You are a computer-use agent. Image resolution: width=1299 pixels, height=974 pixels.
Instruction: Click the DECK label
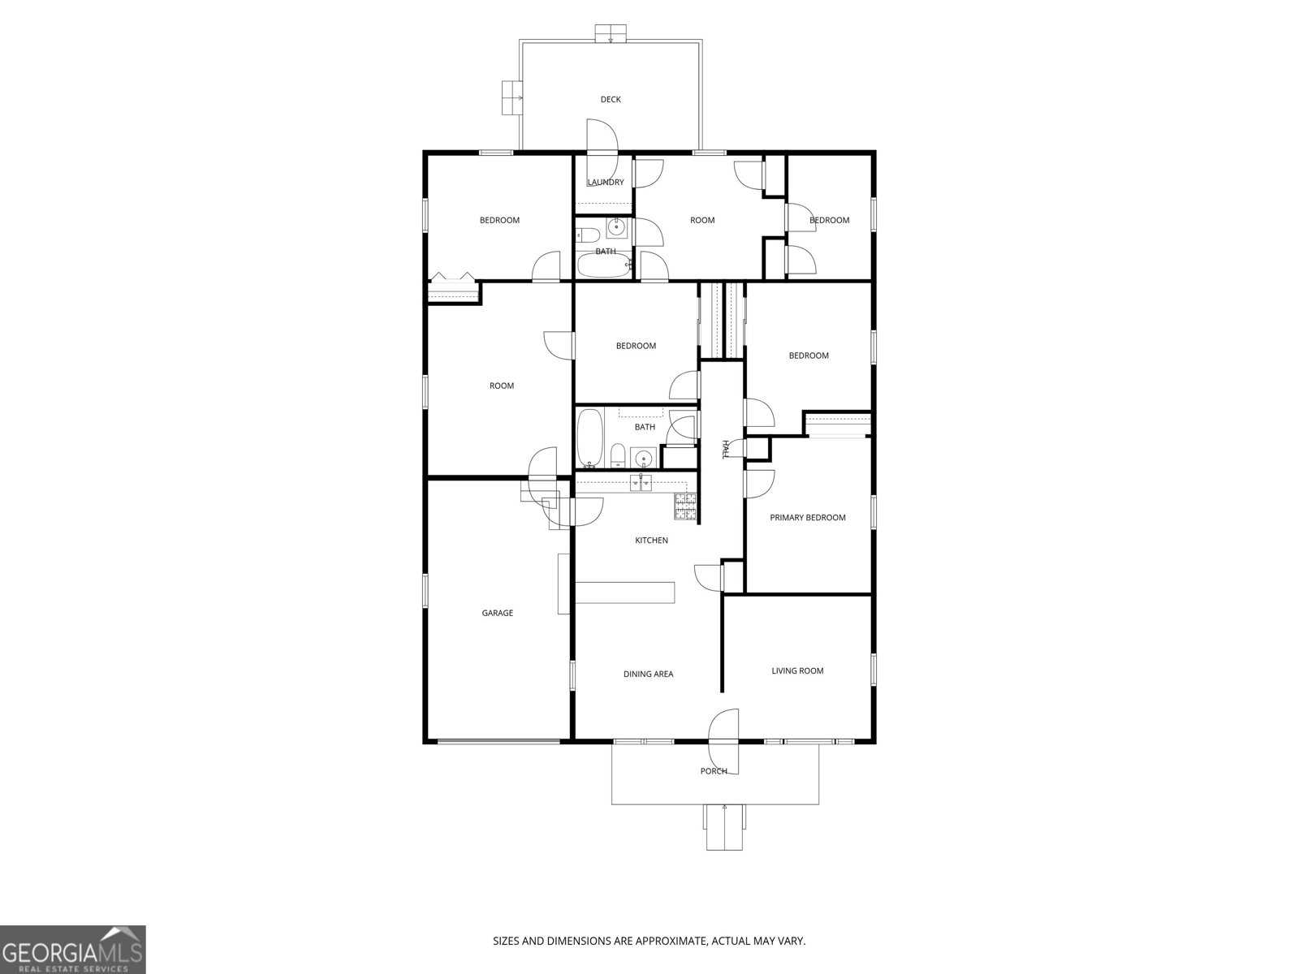click(611, 99)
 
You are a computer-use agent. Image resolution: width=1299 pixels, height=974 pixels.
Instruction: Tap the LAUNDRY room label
click(606, 183)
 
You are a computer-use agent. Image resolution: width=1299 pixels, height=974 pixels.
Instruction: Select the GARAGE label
click(498, 613)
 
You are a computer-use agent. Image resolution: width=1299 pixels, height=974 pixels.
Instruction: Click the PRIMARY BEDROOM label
click(808, 518)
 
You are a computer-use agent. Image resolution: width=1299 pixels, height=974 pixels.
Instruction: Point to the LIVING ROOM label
click(797, 670)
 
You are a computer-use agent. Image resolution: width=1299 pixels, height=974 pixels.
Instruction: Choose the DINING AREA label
click(648, 674)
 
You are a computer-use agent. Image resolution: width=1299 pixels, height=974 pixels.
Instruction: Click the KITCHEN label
click(651, 541)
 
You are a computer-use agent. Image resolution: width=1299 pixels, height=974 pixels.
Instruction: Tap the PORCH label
click(714, 771)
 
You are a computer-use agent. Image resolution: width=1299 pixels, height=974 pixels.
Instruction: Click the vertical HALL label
click(725, 450)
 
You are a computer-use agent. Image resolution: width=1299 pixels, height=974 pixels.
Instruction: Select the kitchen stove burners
click(685, 506)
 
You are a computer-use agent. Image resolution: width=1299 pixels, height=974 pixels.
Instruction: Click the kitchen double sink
click(641, 484)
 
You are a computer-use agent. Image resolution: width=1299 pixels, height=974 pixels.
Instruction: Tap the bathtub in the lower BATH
click(590, 438)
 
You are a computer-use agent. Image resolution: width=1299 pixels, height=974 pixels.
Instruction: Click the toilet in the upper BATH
click(588, 236)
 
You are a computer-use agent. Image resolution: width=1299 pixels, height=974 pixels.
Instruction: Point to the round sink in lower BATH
click(644, 457)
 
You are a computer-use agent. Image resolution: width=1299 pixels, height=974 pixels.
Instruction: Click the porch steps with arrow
click(724, 826)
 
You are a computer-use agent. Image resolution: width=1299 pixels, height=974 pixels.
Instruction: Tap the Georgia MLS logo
click(72, 949)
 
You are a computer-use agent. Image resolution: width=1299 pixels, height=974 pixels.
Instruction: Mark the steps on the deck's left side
click(512, 99)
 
